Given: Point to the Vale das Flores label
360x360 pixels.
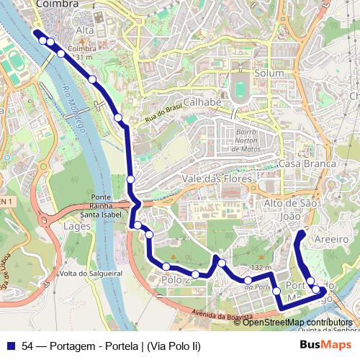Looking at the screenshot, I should pos(217,179).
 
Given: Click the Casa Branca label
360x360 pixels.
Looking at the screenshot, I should pos(307,164).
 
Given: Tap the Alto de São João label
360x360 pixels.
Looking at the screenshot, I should pos(292,210).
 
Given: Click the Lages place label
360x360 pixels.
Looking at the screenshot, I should pos(77,226).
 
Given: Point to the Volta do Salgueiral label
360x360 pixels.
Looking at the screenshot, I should pos(91,274).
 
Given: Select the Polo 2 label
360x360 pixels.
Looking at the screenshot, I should pos(175,279).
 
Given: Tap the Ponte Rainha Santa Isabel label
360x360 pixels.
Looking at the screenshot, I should pos(100,206).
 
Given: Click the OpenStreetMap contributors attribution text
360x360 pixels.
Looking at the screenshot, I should pos(297,323).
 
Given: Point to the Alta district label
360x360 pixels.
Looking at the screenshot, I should pos(85,30).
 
